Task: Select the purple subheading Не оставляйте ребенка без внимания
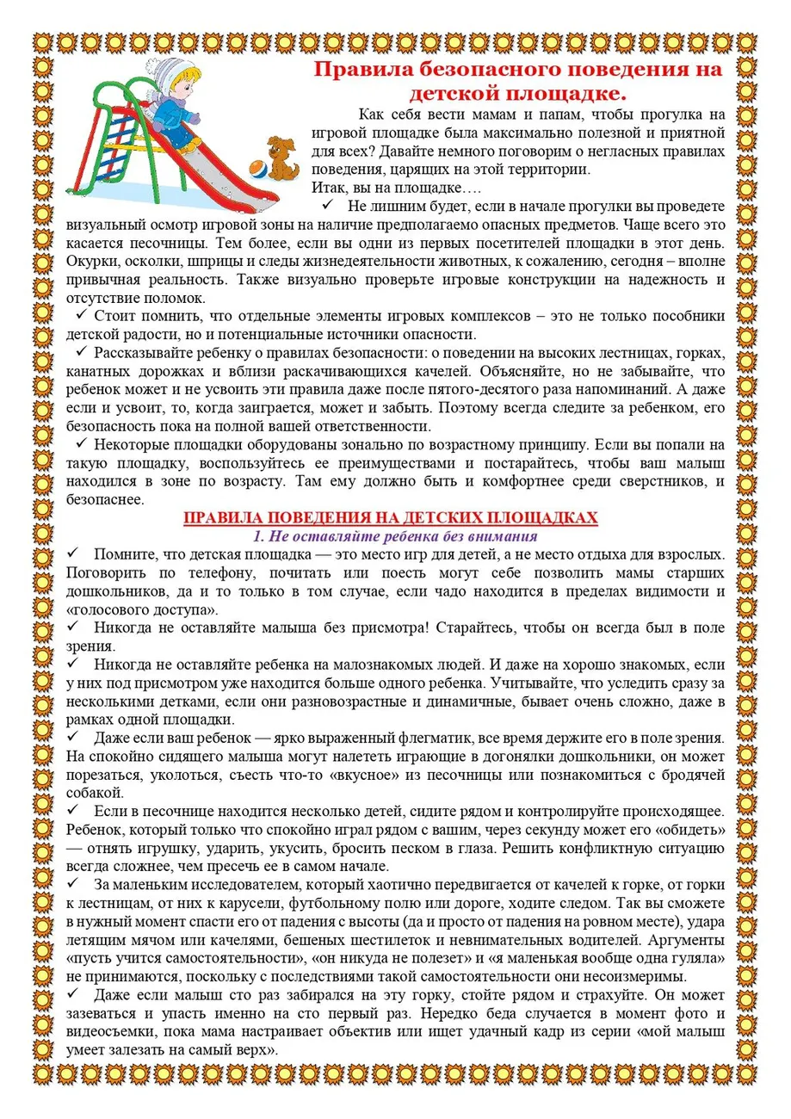click(391, 535)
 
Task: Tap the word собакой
click(90, 793)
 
